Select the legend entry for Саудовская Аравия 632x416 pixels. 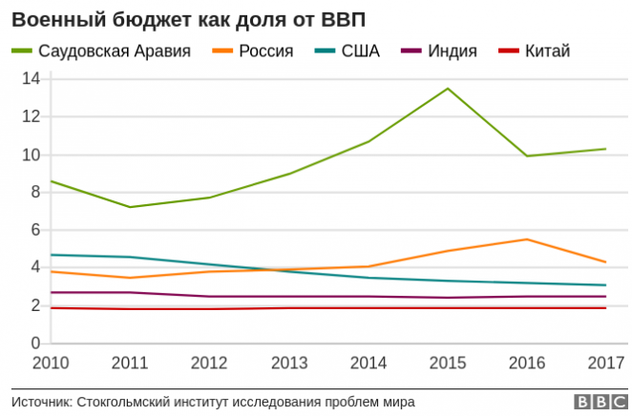coord(114,51)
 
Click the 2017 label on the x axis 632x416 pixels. coord(605,364)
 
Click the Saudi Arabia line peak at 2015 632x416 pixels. coord(448,89)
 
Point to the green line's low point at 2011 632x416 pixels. coord(130,207)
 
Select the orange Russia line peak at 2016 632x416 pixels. coord(527,239)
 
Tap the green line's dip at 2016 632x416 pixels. coord(527,156)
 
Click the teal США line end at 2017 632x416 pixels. coord(605,285)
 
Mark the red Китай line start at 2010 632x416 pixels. coord(51,308)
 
